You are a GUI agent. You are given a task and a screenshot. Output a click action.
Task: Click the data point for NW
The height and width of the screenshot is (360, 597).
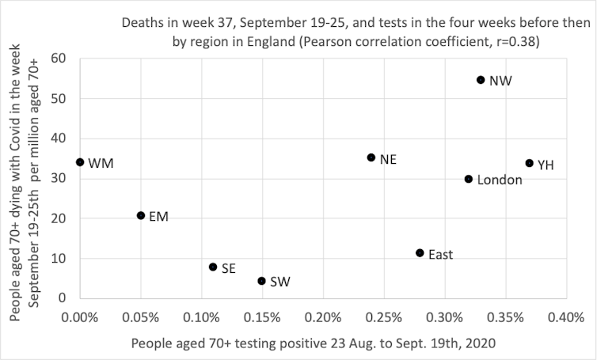(x=481, y=80)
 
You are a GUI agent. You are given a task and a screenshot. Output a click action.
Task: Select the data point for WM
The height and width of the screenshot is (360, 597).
(x=80, y=162)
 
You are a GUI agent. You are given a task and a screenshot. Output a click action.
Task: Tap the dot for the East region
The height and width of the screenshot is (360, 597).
(x=420, y=253)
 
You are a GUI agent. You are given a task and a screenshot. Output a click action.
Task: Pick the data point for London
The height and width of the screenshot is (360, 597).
(x=469, y=180)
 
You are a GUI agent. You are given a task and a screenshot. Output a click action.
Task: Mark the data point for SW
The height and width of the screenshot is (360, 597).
(x=261, y=281)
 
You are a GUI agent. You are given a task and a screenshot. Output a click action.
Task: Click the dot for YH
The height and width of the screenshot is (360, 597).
(x=530, y=163)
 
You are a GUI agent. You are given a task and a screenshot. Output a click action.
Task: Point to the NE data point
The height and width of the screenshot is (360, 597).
(x=371, y=157)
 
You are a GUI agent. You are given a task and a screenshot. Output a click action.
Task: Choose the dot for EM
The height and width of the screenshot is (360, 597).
(x=141, y=215)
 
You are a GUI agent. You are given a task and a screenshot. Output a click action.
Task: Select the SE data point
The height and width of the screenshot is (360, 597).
(x=213, y=267)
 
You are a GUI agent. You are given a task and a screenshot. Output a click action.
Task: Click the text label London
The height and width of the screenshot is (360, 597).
(x=499, y=180)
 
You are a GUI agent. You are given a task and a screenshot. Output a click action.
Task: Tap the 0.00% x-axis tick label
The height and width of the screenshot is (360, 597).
(x=79, y=316)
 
